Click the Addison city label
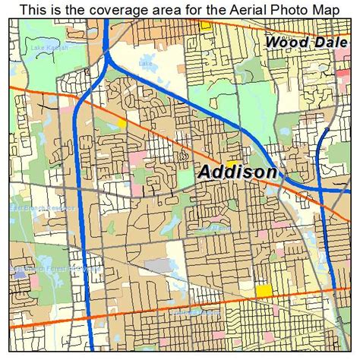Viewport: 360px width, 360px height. click(237, 172)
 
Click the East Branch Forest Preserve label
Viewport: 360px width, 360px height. click(46, 269)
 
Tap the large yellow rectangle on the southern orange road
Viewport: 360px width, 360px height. click(264, 291)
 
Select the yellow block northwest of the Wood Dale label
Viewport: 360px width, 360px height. click(205, 26)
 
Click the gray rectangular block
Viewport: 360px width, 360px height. click(158, 265)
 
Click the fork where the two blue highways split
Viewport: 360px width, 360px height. click(109, 59)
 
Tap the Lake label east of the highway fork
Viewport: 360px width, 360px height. click(144, 64)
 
